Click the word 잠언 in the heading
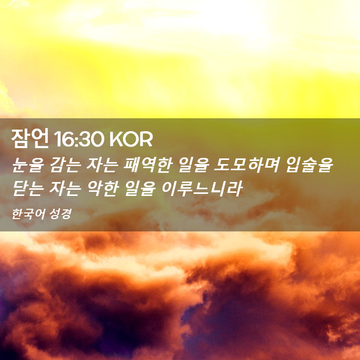tap(30, 138)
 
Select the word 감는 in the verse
tap(66, 165)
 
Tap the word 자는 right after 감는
tap(102, 165)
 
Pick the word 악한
tap(103, 189)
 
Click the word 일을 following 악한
tap(140, 189)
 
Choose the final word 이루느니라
tap(202, 189)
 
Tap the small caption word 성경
tap(58, 214)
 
